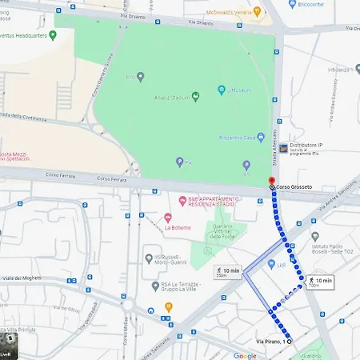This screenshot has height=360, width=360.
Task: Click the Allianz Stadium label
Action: [170, 98]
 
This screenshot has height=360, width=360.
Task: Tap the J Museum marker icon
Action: [221, 90]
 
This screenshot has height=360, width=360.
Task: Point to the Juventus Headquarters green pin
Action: [53, 35]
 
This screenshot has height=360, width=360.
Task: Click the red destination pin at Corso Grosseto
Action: [270, 180]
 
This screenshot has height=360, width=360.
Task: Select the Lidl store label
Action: [282, 264]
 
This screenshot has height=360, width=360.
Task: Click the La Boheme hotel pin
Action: [168, 218]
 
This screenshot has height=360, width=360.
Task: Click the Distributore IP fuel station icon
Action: [282, 149]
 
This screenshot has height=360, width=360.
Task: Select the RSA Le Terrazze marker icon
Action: [155, 286]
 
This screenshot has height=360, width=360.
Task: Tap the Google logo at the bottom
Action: [245, 355]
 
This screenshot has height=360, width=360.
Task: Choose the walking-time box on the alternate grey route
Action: [228, 273]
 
